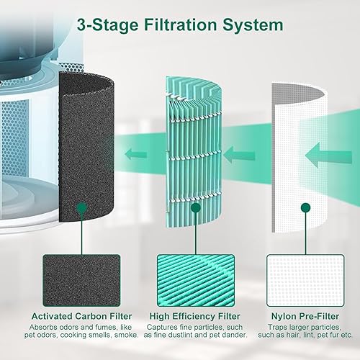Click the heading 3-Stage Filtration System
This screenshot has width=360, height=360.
[x=180, y=25]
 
